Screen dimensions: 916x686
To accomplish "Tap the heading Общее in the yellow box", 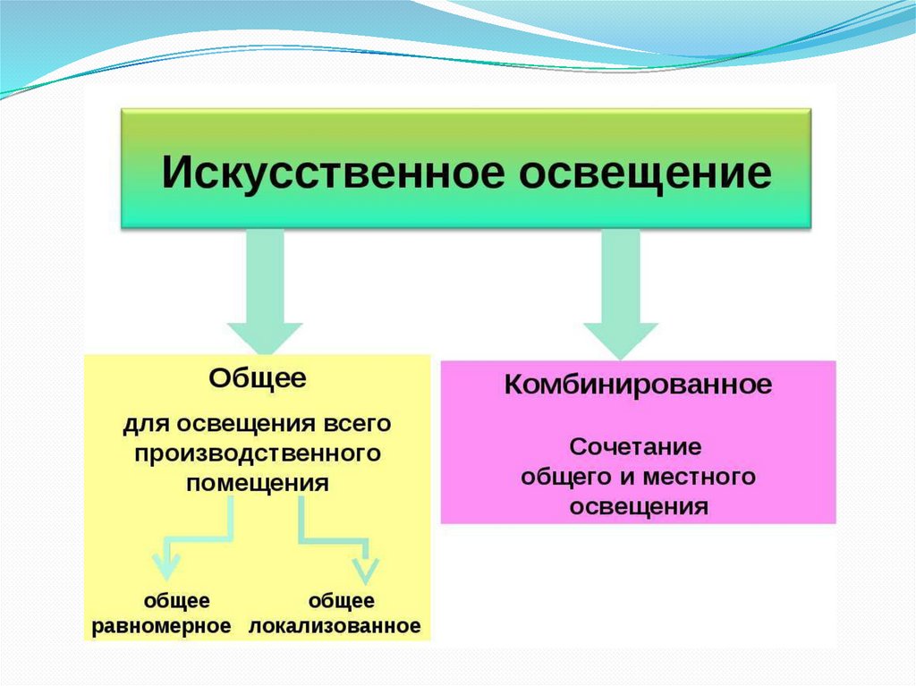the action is [258, 378].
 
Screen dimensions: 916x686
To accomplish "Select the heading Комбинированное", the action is [638, 386].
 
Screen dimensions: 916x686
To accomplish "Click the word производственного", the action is [259, 453].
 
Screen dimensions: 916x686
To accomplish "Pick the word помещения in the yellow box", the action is [259, 483].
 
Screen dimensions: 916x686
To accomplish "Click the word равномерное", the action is [162, 625].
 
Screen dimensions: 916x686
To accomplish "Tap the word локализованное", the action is [335, 625].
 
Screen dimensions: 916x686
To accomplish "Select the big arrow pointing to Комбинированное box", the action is [620, 300].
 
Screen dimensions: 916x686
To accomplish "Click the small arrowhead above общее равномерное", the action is [164, 565].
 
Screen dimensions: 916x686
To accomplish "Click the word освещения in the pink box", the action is [639, 506].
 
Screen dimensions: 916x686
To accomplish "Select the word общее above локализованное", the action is [341, 601].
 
